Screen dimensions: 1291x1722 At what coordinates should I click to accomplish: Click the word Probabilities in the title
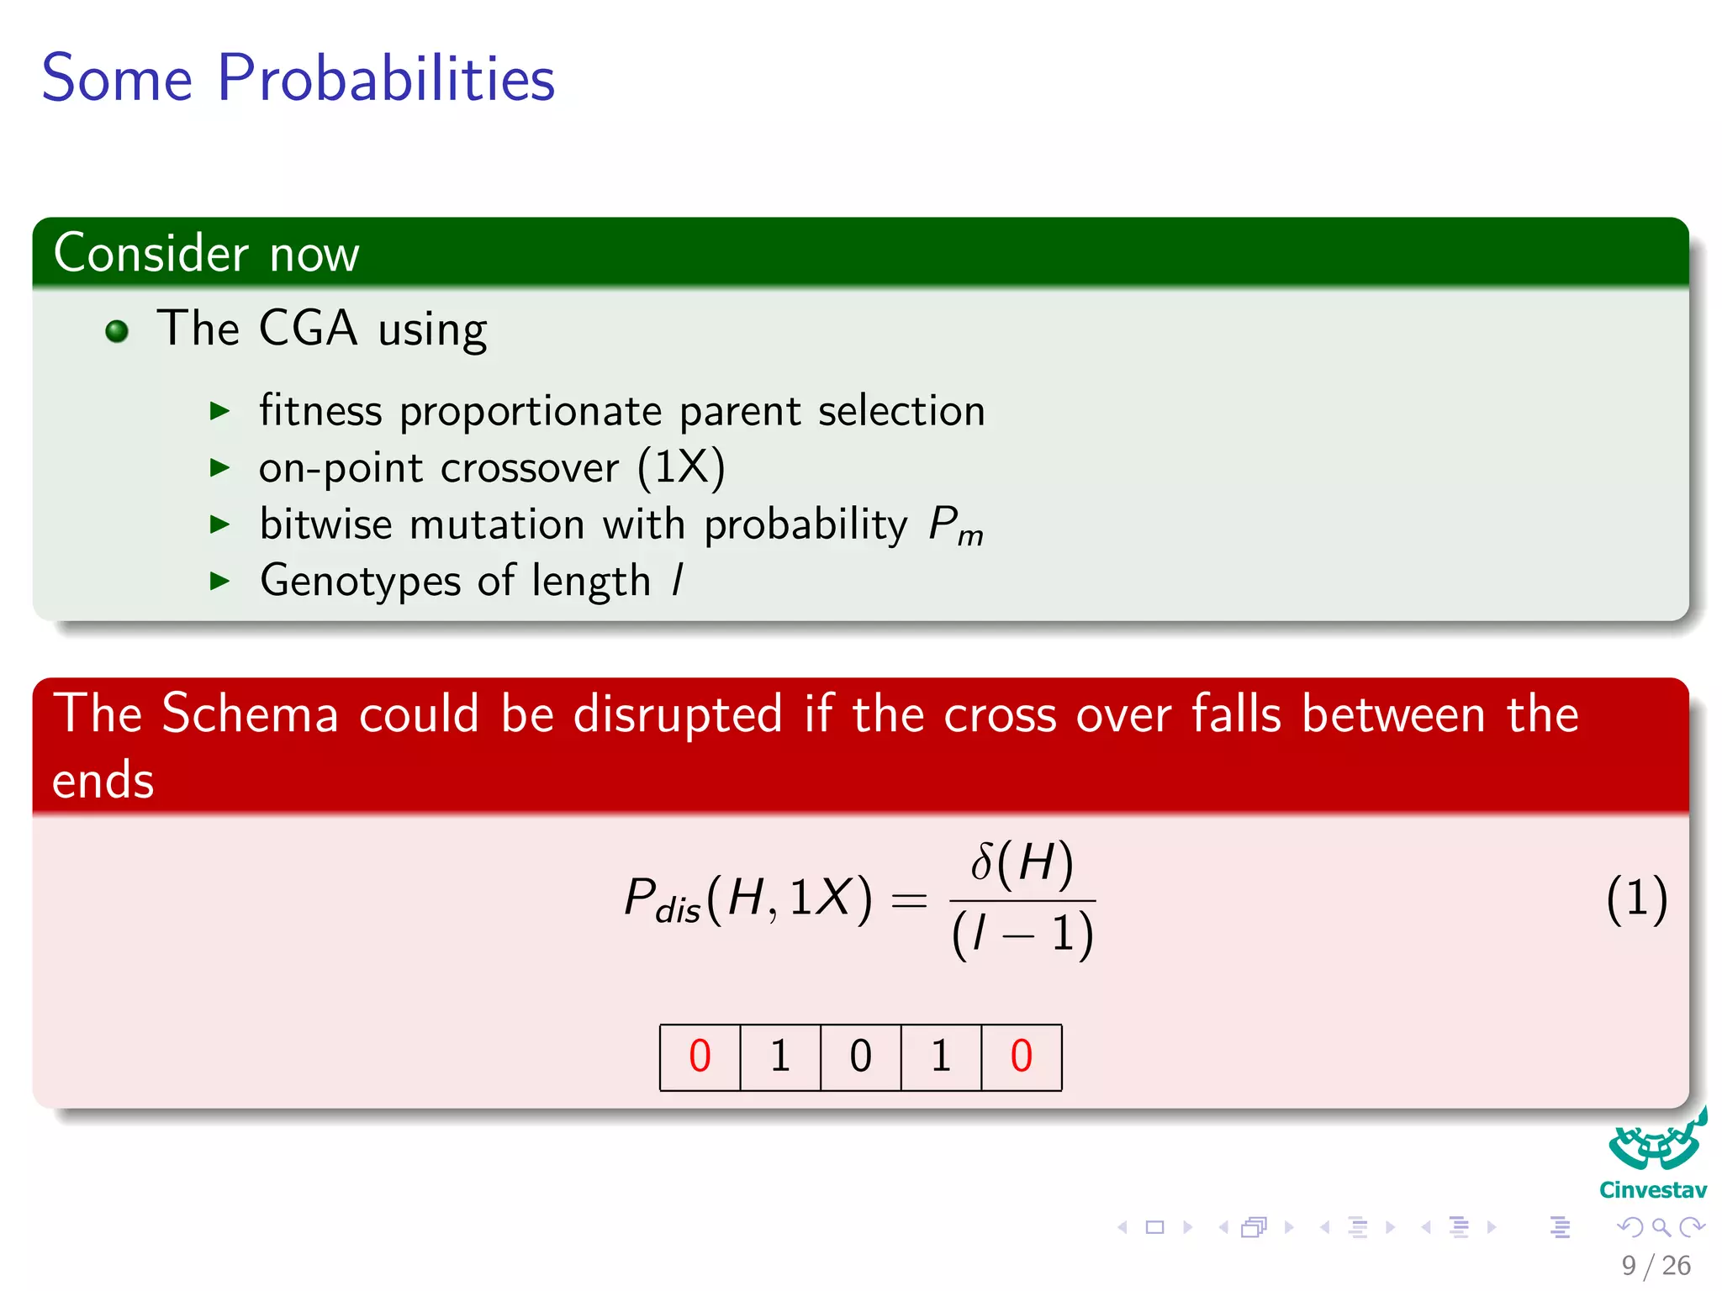[x=386, y=79]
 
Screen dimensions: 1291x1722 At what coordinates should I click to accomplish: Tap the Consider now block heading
[x=206, y=253]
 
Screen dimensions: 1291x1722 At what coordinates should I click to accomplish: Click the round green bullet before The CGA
[x=117, y=331]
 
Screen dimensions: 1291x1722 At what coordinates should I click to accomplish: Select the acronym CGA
[x=308, y=328]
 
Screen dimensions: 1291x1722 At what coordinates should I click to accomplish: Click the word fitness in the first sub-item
[x=320, y=411]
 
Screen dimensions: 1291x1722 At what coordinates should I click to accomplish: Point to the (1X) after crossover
[x=680, y=467]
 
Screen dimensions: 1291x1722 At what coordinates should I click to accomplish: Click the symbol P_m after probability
[x=955, y=526]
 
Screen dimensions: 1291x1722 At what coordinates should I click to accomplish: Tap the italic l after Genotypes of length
[x=678, y=580]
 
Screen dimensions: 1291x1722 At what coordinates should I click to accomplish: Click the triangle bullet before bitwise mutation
[x=219, y=524]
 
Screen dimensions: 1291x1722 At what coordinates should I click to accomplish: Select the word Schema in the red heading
[x=250, y=714]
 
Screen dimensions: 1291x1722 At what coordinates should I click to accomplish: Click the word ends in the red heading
[x=103, y=780]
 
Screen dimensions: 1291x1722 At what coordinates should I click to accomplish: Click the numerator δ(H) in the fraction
[x=1022, y=863]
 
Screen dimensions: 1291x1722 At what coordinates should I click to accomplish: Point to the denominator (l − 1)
[x=1022, y=934]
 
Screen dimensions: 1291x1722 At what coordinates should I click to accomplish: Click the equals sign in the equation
[x=909, y=901]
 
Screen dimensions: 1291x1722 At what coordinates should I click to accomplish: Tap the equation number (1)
[x=1635, y=899]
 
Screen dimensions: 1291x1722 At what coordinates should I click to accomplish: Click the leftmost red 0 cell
[x=700, y=1057]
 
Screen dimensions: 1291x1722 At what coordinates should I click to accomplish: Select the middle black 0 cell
[x=860, y=1057]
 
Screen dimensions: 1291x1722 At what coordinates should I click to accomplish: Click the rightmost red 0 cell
[x=1021, y=1057]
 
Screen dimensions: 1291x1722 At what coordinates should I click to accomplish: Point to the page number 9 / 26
[x=1656, y=1265]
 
